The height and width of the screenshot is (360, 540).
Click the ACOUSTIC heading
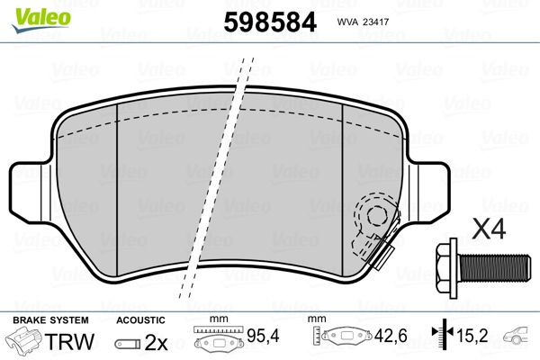140,320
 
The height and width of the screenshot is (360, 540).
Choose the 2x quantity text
157,342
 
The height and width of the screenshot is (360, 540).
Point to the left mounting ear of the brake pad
27,184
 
